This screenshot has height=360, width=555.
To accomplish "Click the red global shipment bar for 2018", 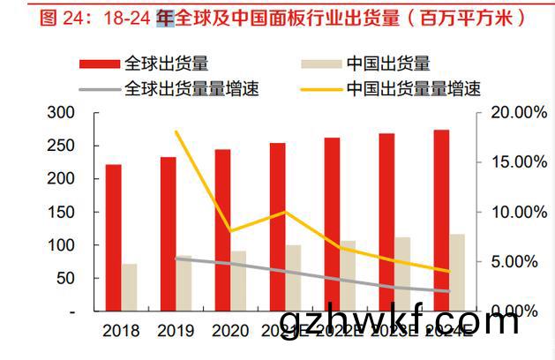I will pos(113,237).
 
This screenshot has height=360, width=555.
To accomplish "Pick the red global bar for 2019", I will pos(168,234).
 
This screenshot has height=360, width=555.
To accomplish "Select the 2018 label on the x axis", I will pos(121,332).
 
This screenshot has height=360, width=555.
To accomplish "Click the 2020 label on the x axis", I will pos(230,332).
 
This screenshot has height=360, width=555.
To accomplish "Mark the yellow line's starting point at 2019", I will pos(176,131).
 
